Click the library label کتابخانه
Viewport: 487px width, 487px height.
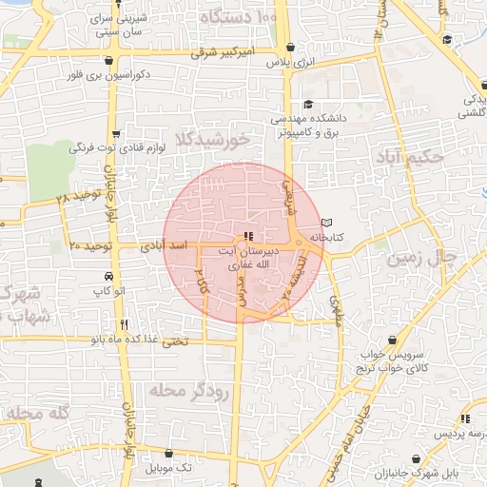coord(351,232)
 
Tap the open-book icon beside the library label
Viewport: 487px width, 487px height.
coord(326,221)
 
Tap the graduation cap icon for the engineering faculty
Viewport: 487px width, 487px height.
coord(307,105)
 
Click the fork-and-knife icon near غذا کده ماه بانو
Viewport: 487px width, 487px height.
coord(124,325)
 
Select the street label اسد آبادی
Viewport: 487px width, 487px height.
coord(166,245)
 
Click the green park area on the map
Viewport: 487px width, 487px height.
coord(49,171)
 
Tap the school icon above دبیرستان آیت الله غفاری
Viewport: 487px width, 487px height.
coord(248,236)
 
